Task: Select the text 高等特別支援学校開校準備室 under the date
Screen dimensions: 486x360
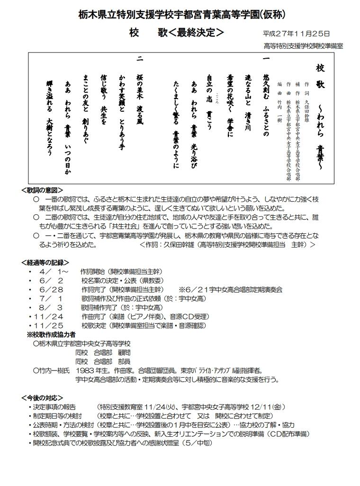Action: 303,46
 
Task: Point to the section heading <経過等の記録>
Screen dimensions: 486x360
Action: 45,262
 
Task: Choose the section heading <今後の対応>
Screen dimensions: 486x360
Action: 42,398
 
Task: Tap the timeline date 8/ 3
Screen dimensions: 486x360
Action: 52,308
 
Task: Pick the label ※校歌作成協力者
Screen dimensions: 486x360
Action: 54,334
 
